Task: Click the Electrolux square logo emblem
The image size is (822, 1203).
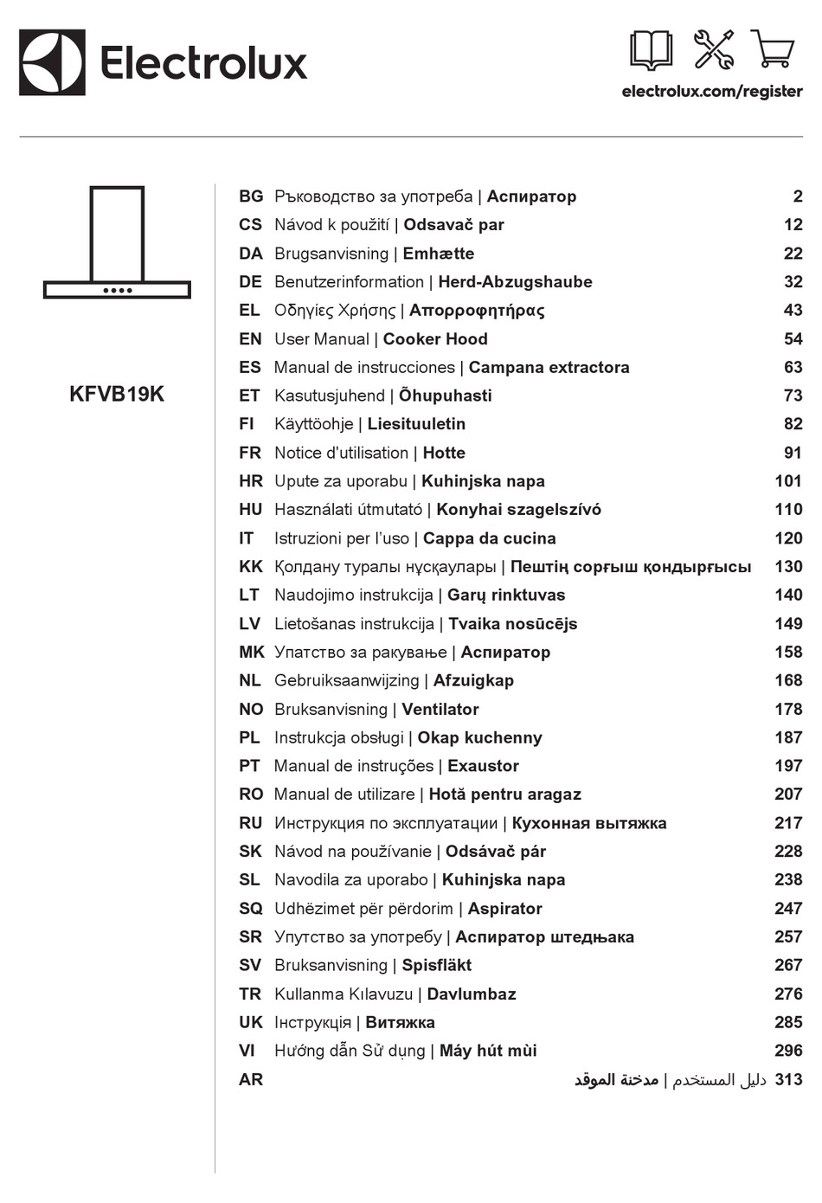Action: (52, 62)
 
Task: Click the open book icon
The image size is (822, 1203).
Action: (651, 50)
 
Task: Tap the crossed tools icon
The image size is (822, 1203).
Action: (714, 49)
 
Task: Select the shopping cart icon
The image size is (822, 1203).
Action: (773, 49)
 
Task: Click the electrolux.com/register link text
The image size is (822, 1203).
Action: (711, 91)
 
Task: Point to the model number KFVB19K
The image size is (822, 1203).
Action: (116, 394)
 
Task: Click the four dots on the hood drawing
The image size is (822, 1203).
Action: (117, 291)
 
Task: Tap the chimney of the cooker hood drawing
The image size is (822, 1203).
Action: (117, 234)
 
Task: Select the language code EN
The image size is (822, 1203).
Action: (249, 339)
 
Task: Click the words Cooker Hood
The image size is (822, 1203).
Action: (435, 339)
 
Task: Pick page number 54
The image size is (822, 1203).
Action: (793, 339)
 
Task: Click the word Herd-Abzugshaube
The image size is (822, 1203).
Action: (515, 282)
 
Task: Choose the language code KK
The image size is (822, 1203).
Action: (250, 567)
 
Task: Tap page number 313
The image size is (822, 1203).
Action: (788, 1079)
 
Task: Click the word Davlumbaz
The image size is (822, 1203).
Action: (471, 994)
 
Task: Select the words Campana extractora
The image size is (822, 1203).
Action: (549, 367)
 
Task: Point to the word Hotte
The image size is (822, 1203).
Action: (444, 453)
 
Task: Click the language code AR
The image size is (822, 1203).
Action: (250, 1079)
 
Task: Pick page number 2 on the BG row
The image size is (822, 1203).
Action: (797, 196)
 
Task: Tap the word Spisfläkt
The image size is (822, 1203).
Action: (436, 965)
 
